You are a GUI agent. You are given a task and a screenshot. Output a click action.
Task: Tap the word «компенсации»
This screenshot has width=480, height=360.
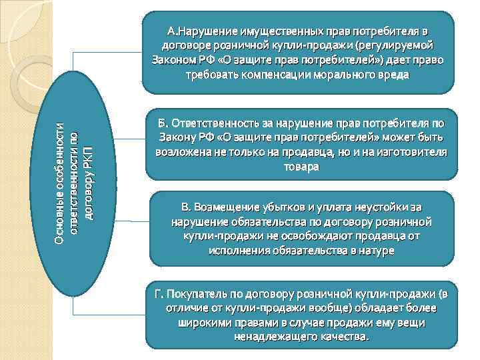pos(280,73)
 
